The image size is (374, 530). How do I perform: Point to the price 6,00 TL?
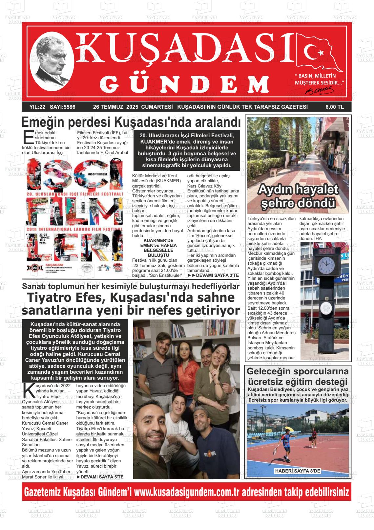coord(334,107)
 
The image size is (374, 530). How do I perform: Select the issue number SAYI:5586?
coord(61,107)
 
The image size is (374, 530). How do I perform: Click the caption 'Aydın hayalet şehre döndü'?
coord(298,196)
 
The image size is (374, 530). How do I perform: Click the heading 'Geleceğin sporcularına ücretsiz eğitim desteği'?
coord(298,377)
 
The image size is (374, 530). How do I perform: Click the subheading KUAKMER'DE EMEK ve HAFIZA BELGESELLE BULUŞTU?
coord(158,248)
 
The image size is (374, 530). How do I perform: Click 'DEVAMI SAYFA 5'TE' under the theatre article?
coord(100,476)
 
